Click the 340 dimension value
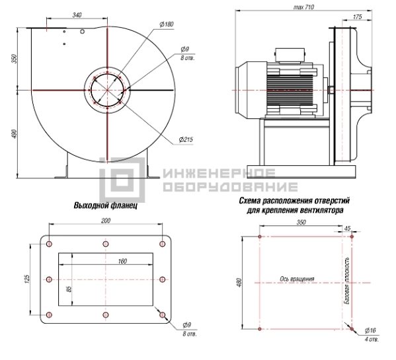(77, 15)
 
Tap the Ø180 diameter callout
(167, 24)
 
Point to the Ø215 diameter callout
(186, 139)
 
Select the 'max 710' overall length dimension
(303, 7)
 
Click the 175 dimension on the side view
(358, 17)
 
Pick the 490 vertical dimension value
(15, 134)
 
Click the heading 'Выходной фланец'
(106, 205)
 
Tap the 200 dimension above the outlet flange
(106, 221)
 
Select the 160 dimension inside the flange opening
(122, 261)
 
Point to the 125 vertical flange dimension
(27, 279)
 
